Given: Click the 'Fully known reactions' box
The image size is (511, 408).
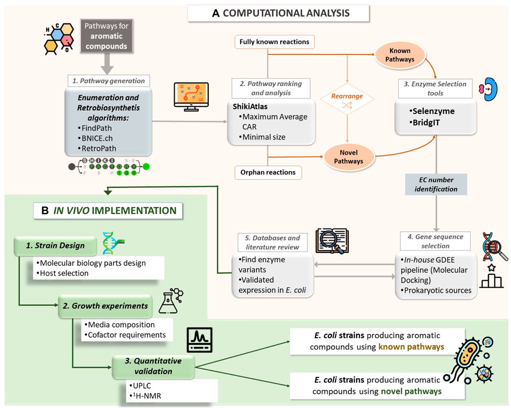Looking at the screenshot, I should [x=274, y=43].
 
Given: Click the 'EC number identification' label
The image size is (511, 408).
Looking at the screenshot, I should [x=436, y=184].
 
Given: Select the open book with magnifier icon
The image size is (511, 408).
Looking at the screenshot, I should [x=332, y=243].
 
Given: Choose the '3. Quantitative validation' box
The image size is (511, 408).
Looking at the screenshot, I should [x=153, y=366].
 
